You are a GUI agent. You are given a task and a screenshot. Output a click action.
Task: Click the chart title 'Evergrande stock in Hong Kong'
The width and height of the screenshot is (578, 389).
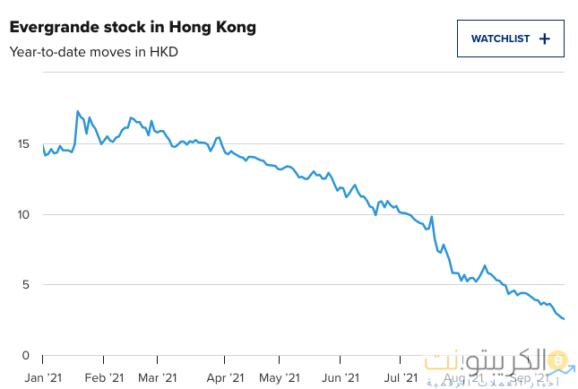pyautogui.click(x=133, y=28)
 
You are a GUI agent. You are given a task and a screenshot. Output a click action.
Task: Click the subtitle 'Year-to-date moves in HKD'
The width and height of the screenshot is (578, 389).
pyautogui.click(x=94, y=51)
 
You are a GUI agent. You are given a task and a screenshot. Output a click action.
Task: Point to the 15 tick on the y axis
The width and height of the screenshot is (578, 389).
pyautogui.click(x=23, y=143)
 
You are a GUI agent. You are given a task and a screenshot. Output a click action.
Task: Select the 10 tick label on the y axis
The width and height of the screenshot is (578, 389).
pyautogui.click(x=23, y=214)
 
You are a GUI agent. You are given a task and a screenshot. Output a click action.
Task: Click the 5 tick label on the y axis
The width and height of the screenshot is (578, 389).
pyautogui.click(x=27, y=285)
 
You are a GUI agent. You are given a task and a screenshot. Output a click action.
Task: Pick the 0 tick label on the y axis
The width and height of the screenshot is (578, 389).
pyautogui.click(x=27, y=355)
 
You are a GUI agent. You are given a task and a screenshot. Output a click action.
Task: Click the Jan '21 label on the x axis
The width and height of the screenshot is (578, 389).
pyautogui.click(x=42, y=378)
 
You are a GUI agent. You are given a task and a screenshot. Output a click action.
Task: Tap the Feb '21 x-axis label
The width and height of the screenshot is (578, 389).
pyautogui.click(x=103, y=378)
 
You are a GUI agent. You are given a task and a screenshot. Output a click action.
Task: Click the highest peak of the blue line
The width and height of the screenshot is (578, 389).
pyautogui.click(x=78, y=111)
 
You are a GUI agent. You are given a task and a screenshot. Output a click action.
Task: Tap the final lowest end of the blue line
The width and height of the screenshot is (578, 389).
pyautogui.click(x=564, y=318)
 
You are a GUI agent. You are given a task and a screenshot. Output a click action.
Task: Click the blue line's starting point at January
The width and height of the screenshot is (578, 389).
pyautogui.click(x=43, y=145)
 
